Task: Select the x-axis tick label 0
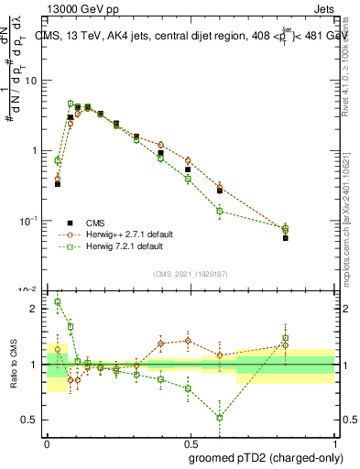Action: [x=47, y=444]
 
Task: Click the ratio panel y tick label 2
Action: [x=36, y=309]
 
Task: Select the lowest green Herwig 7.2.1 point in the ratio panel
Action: [x=220, y=418]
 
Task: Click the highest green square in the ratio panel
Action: [x=58, y=301]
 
